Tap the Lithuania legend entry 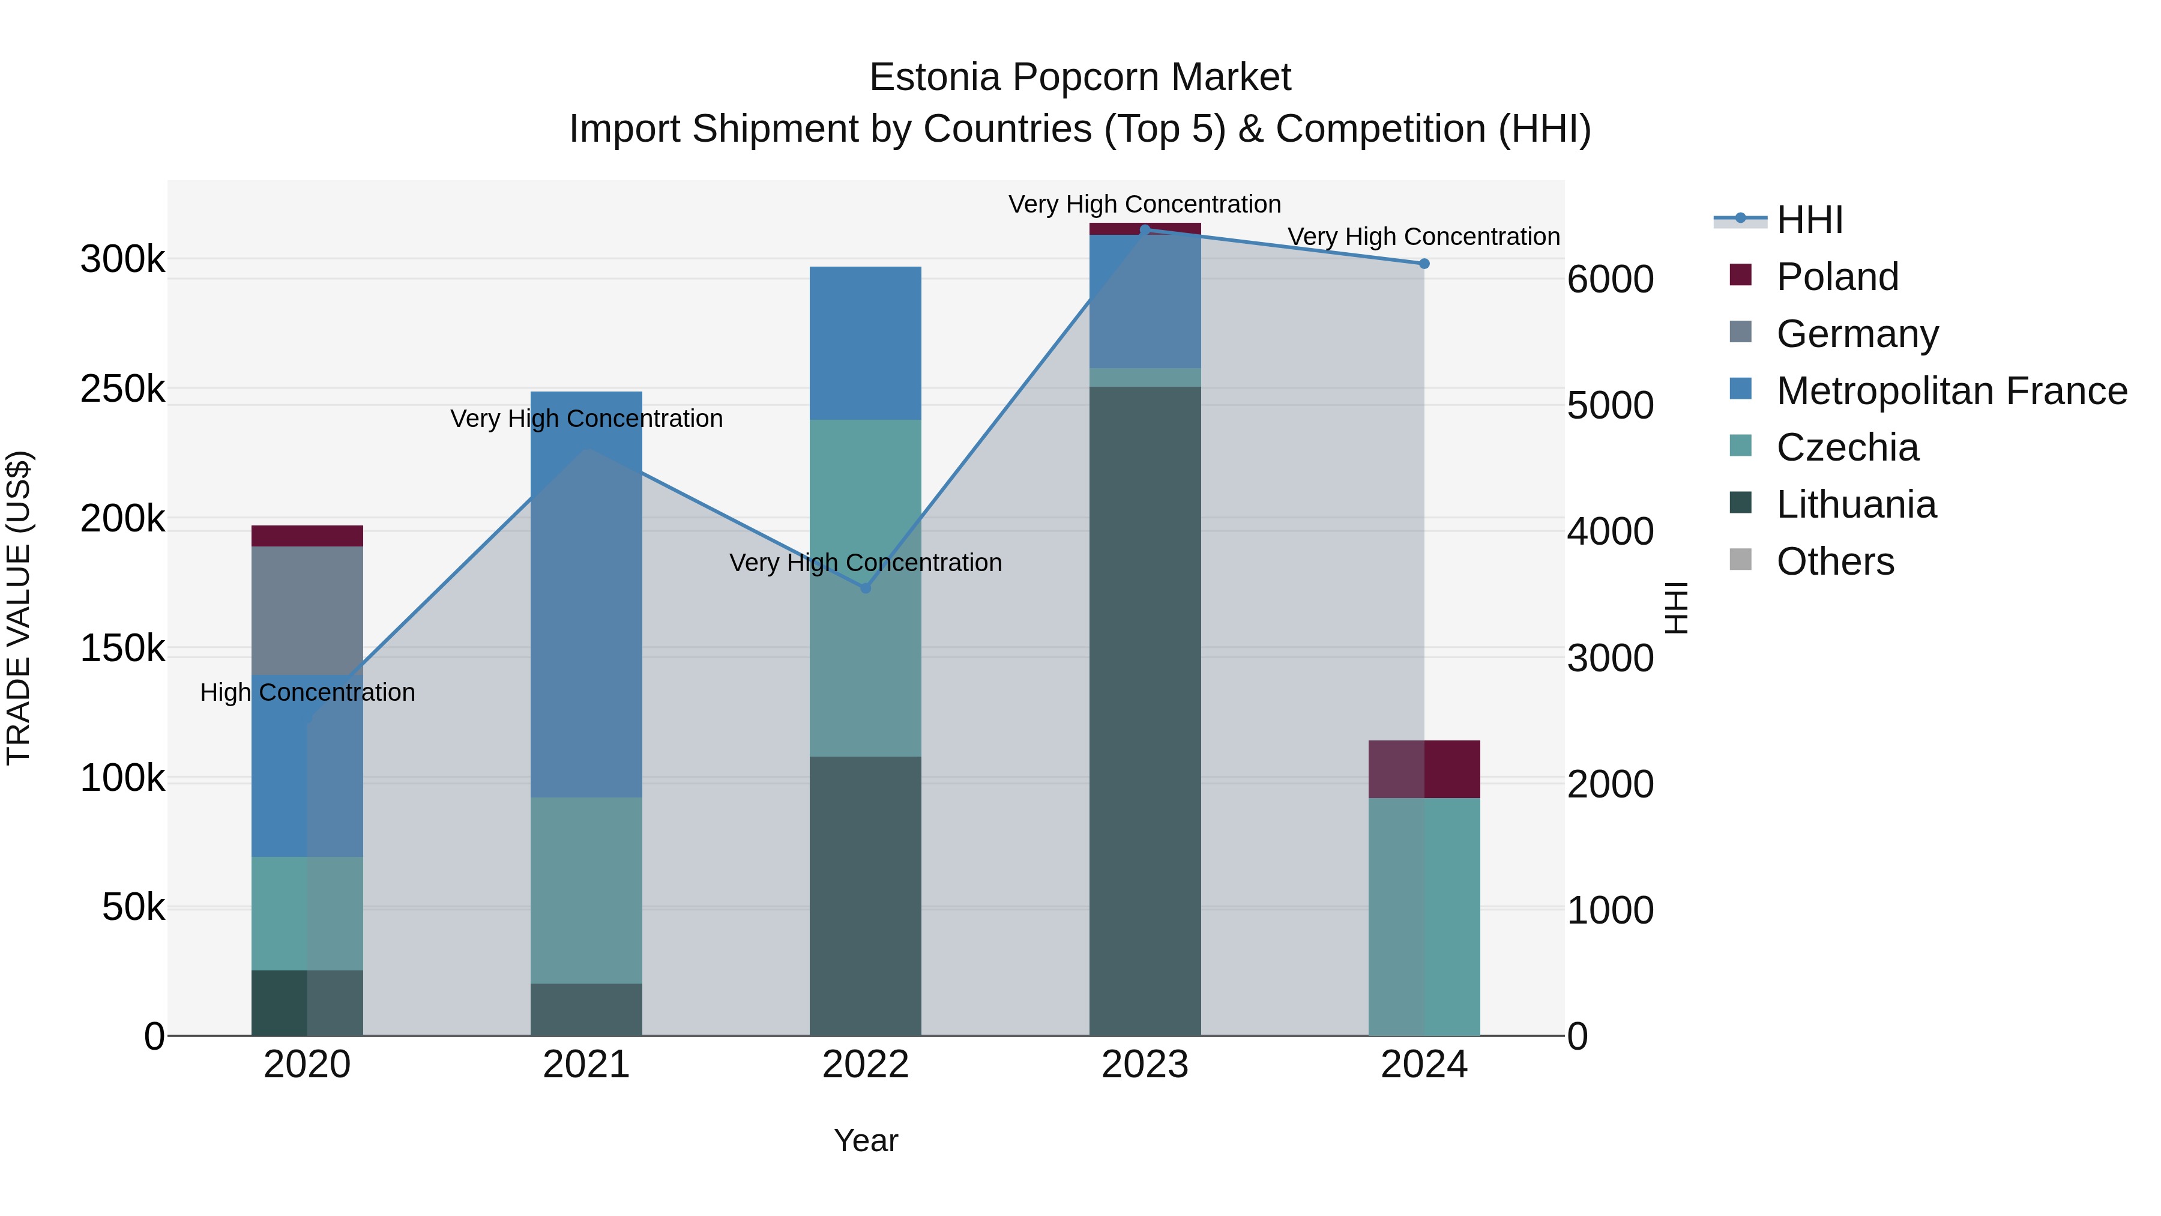[1855, 504]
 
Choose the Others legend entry [1834, 561]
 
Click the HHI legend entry [1809, 220]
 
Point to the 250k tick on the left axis [122, 389]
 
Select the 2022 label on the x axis [865, 1065]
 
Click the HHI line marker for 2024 [1424, 264]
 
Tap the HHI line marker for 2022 [866, 588]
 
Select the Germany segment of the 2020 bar [307, 610]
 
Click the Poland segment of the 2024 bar [1424, 769]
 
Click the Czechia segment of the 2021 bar [585, 889]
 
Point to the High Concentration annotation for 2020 [307, 692]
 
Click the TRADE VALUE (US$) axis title [19, 608]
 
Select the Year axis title [865, 1140]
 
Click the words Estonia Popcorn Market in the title [1080, 77]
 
